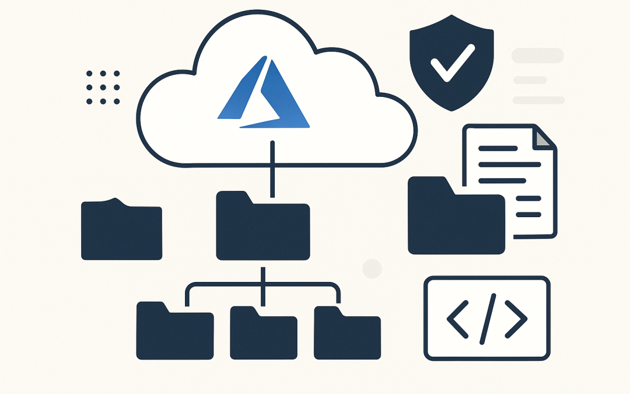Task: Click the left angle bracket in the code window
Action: (x=457, y=319)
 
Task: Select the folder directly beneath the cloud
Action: (x=262, y=229)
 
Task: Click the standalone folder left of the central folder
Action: (x=121, y=230)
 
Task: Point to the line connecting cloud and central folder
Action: (x=272, y=169)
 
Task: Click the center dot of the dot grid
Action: (x=102, y=88)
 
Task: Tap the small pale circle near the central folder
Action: (x=372, y=269)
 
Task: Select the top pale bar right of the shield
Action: (x=537, y=56)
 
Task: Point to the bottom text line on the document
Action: (x=527, y=215)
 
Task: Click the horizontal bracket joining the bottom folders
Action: (x=262, y=285)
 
